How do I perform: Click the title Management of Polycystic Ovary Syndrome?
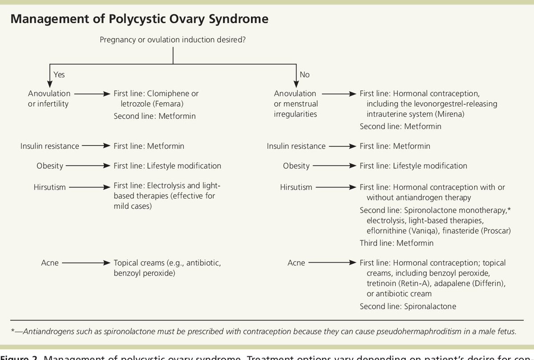[x=139, y=20]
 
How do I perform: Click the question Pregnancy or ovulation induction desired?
[x=173, y=40]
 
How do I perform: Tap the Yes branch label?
[x=59, y=75]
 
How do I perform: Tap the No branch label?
[x=305, y=75]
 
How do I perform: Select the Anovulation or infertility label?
[x=49, y=98]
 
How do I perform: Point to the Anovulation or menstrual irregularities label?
[x=296, y=104]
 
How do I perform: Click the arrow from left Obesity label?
[x=88, y=166]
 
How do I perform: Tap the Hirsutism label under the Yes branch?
[x=49, y=187]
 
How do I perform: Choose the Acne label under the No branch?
[x=296, y=263]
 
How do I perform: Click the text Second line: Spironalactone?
[x=408, y=306]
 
